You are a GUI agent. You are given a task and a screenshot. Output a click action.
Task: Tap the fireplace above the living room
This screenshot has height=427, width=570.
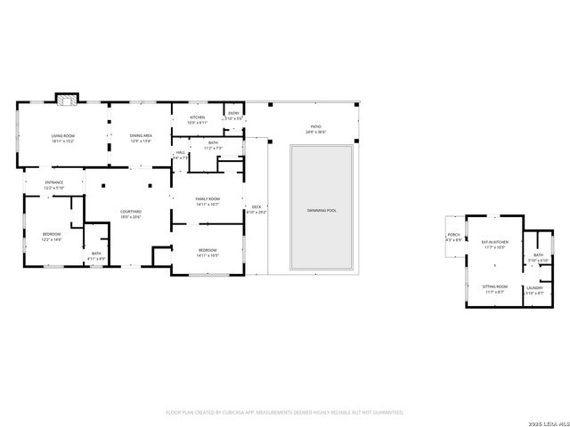(x=66, y=99)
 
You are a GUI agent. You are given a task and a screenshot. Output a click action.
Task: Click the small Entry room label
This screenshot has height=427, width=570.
(x=233, y=115)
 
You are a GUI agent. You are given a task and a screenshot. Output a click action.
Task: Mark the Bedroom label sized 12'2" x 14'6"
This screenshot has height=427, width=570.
(x=52, y=237)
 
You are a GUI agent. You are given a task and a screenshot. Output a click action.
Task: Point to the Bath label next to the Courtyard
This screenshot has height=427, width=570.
(x=97, y=255)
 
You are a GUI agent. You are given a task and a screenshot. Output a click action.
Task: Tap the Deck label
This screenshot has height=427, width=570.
(x=256, y=209)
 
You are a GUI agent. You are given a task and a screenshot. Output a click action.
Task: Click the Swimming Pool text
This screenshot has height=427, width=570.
(x=322, y=210)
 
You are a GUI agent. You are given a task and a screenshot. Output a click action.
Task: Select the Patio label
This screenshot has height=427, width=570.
(x=316, y=129)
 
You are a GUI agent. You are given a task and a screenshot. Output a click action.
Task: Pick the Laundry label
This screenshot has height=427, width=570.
(x=534, y=290)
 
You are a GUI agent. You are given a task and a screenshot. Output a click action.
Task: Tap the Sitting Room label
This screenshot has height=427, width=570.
(x=494, y=289)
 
